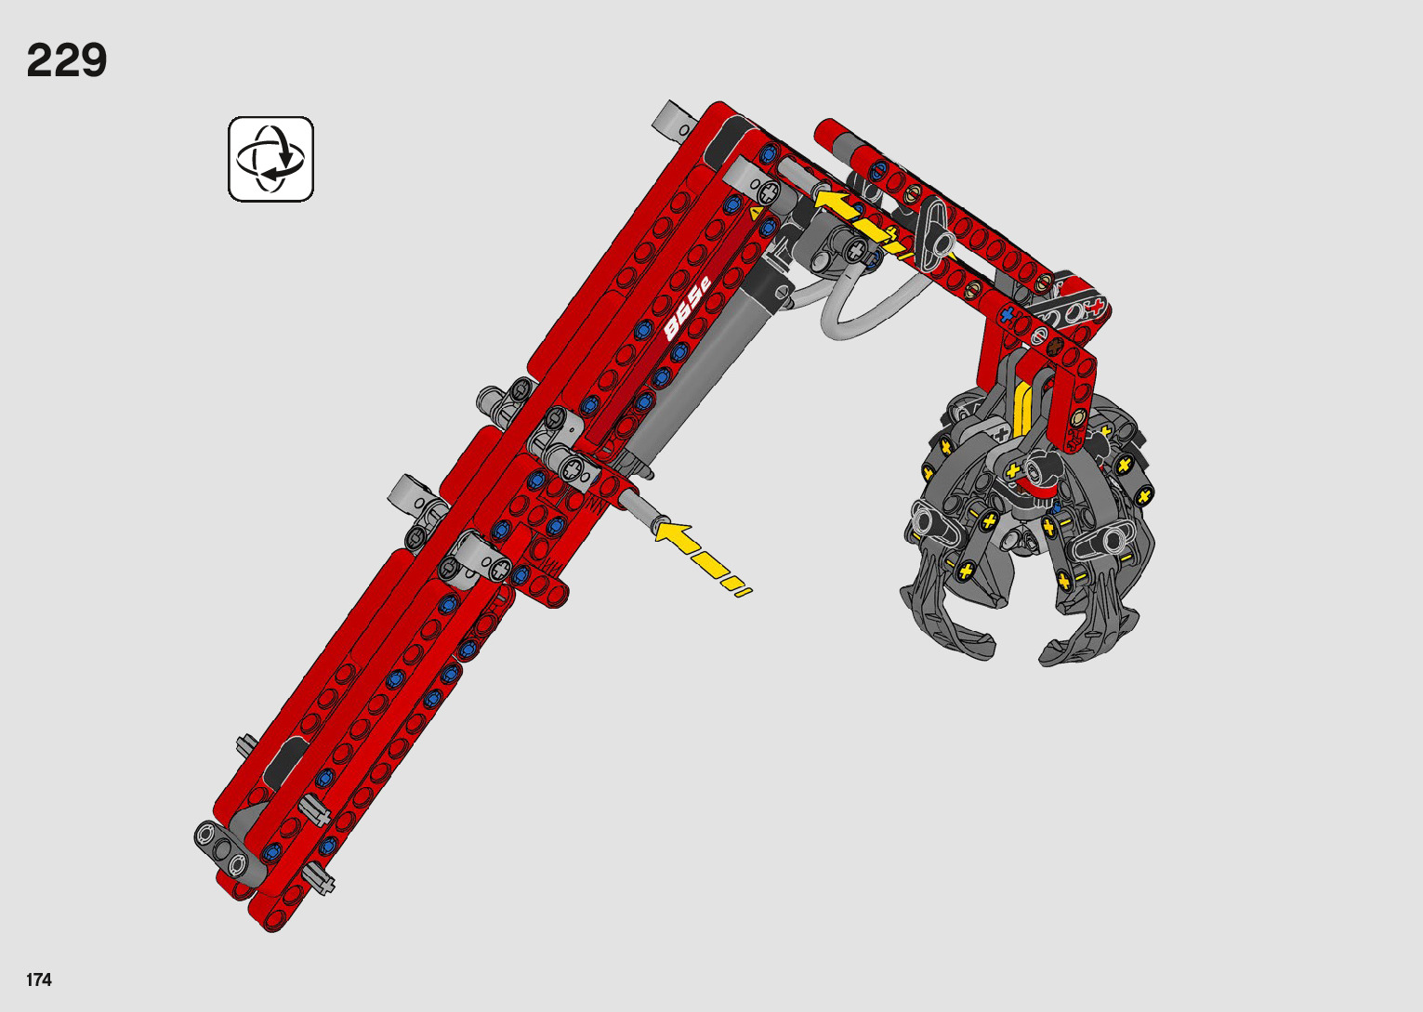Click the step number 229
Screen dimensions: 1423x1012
(x=67, y=61)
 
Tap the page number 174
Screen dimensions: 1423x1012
(x=39, y=979)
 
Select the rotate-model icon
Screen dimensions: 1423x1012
(x=270, y=159)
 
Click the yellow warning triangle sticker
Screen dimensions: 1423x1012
(x=755, y=214)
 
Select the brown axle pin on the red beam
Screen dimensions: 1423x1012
(x=1055, y=346)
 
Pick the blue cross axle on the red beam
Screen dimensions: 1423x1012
(x=1008, y=314)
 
